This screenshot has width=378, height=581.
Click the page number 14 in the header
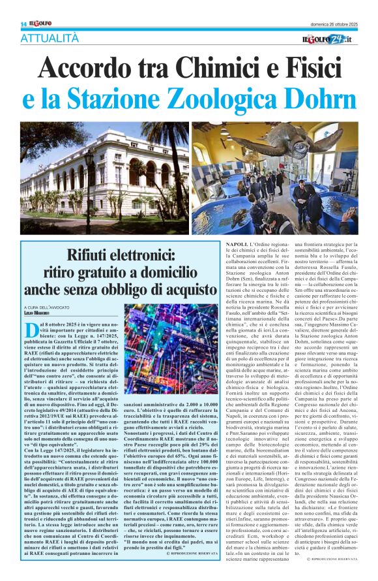coord(23,24)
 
